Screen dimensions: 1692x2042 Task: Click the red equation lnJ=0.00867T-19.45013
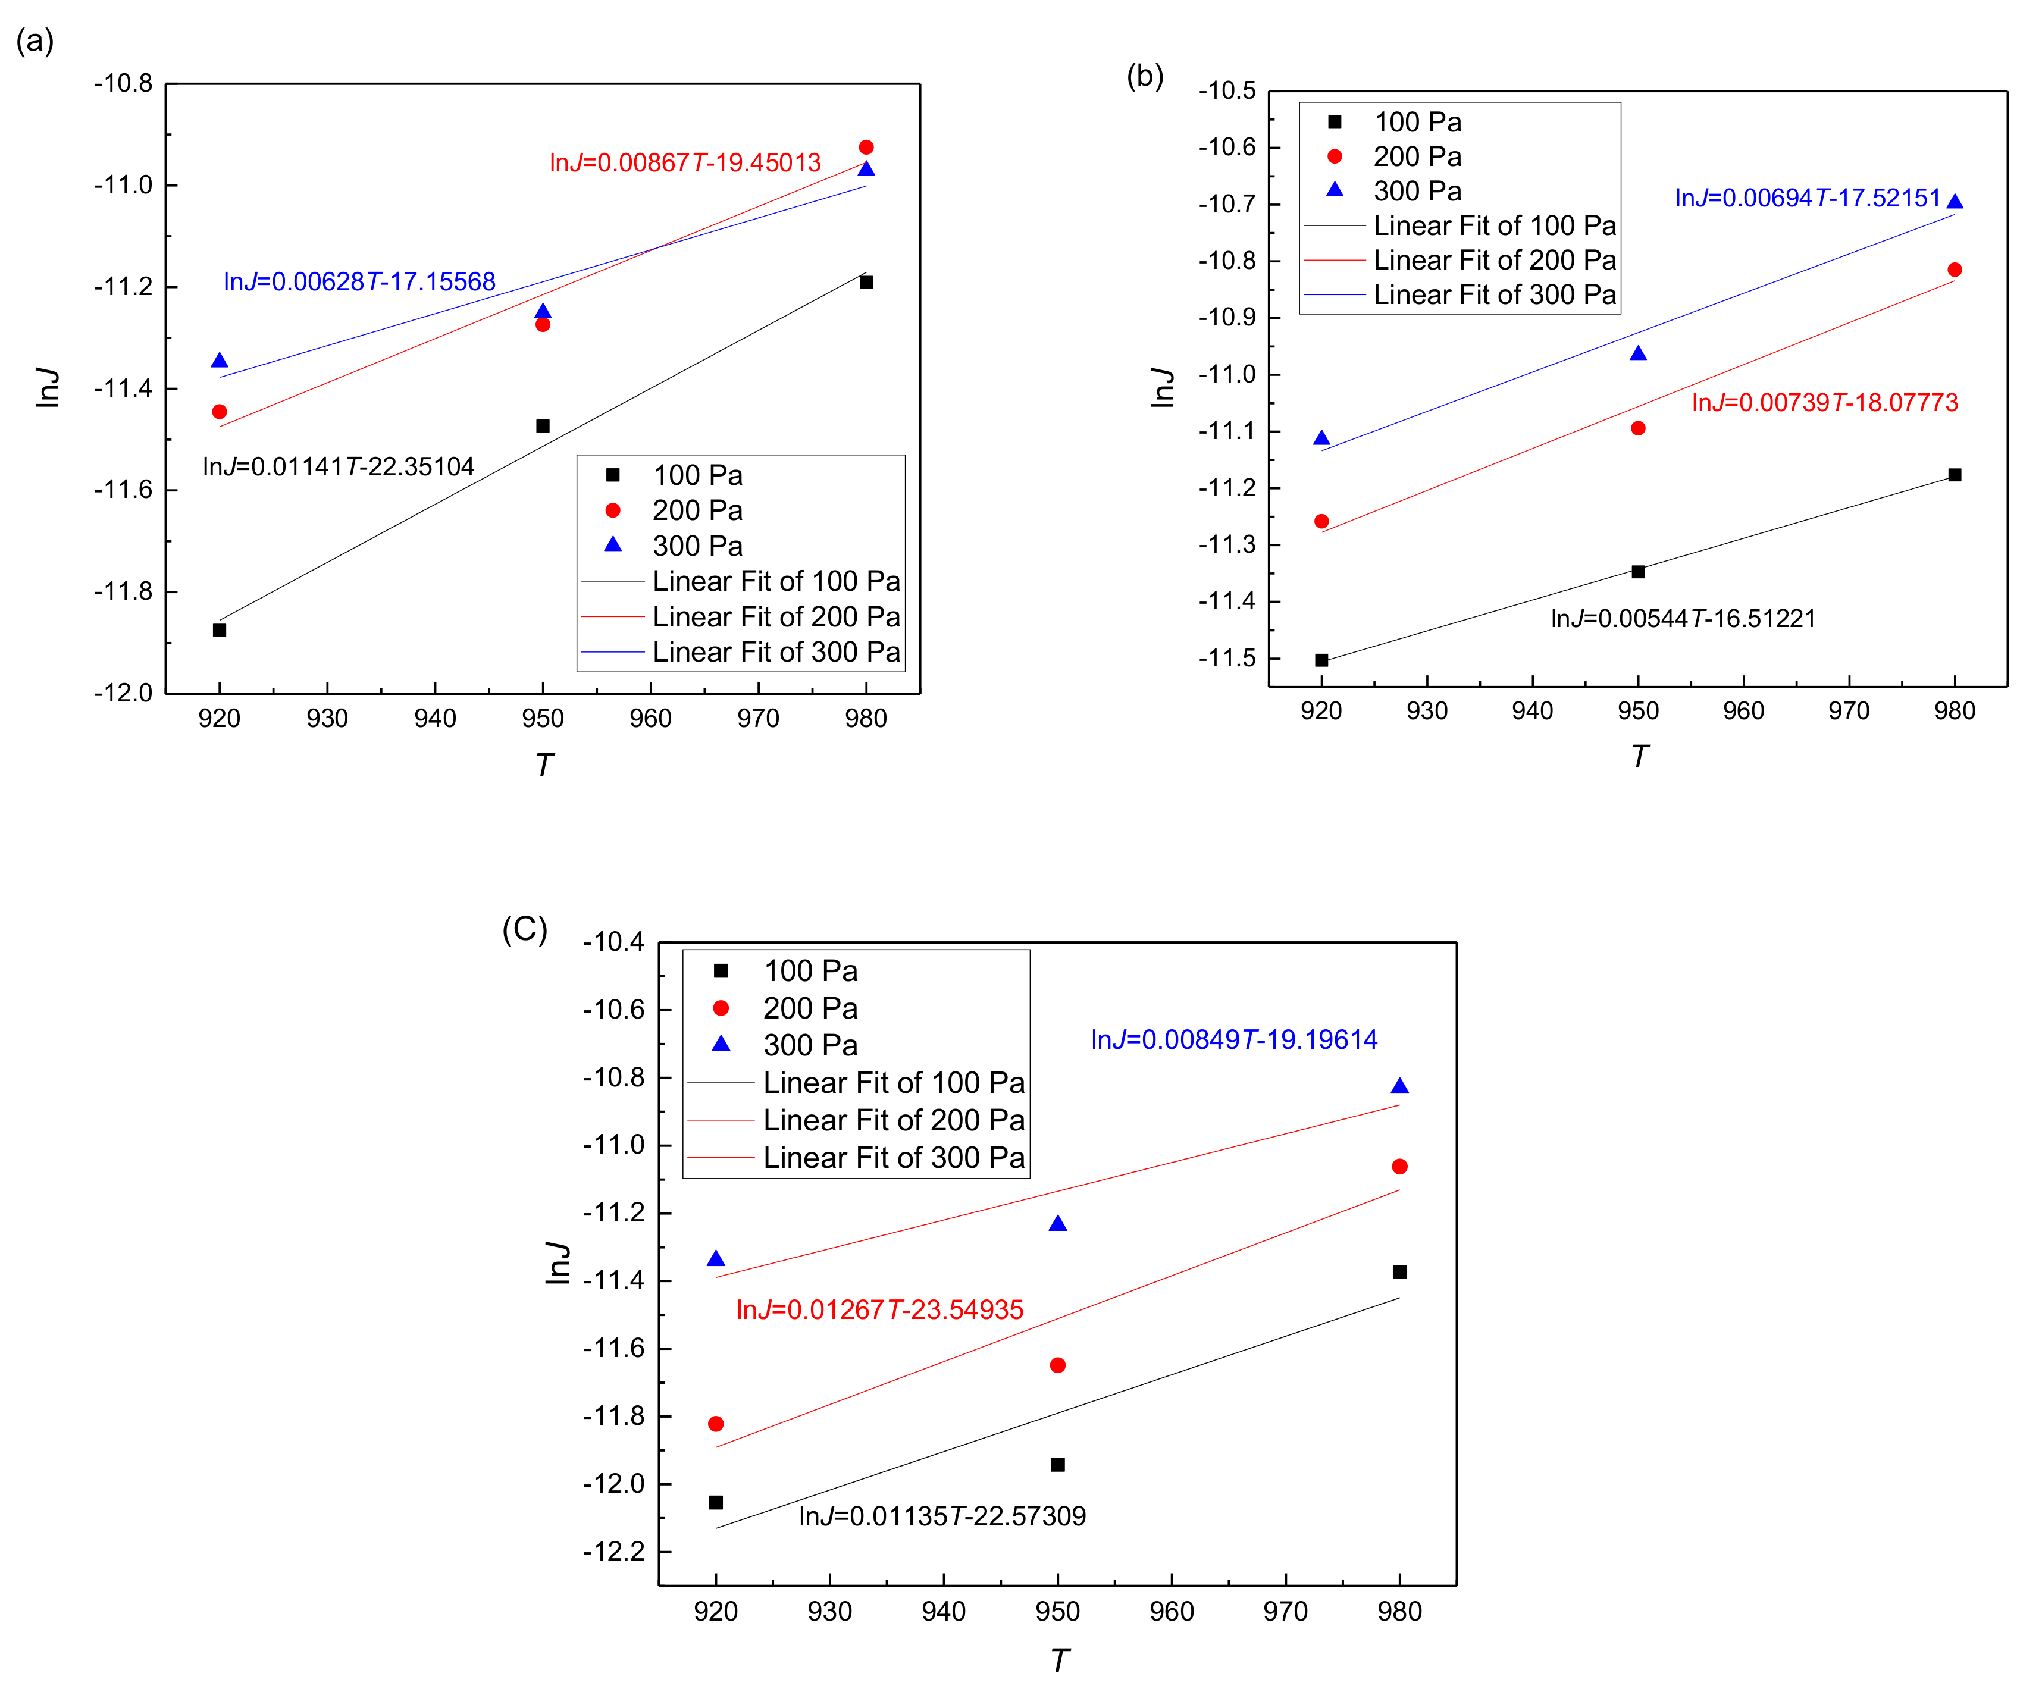click(685, 162)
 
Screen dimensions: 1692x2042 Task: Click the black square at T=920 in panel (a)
click(220, 630)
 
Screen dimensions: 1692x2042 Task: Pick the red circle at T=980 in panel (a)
click(866, 148)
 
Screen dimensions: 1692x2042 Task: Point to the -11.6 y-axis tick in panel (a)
click(124, 489)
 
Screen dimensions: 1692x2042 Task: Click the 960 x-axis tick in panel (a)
click(650, 719)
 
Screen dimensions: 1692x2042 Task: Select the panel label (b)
click(1145, 76)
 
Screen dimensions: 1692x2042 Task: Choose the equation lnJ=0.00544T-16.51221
click(1682, 619)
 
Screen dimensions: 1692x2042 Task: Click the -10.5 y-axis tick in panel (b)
click(1227, 90)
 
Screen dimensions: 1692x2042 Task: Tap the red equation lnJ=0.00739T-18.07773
click(1824, 403)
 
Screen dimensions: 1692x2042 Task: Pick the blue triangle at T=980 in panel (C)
click(1399, 1086)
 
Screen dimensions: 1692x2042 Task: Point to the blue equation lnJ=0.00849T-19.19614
click(1234, 1039)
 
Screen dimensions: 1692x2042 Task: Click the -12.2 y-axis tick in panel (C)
click(613, 1551)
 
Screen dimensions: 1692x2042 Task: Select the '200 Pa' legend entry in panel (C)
click(810, 1008)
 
